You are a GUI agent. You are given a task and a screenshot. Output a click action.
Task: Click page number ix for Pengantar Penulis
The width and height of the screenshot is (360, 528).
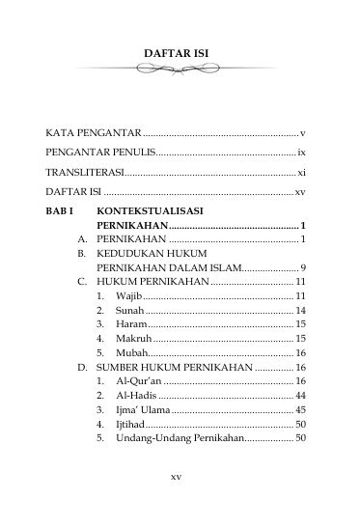pos(301,153)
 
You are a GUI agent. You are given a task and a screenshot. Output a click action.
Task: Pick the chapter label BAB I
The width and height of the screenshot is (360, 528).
pos(61,209)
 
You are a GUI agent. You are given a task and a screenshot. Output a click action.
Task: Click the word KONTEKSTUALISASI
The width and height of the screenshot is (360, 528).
pos(150,209)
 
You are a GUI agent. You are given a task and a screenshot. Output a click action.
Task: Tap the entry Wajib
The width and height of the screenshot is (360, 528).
pos(128,295)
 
